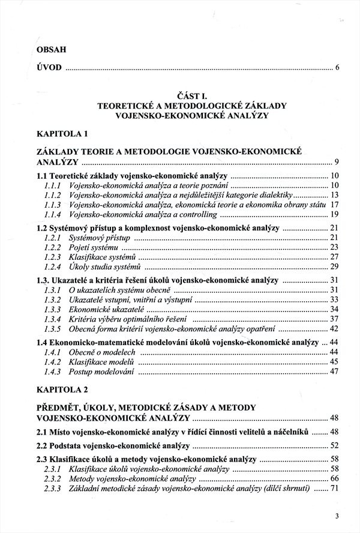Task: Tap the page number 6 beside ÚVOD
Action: coord(338,67)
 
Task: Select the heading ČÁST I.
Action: coord(191,95)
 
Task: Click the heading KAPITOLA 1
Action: coord(62,133)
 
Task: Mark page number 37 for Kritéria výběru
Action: coord(335,318)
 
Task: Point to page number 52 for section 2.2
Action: coord(335,445)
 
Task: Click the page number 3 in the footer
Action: coord(337,516)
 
